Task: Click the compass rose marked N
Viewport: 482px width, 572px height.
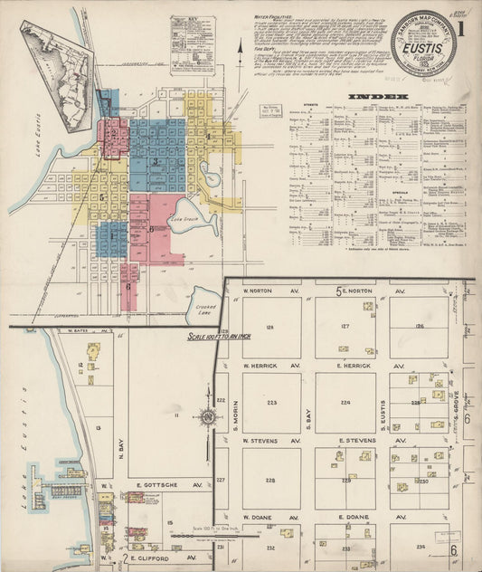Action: pyautogui.click(x=207, y=417)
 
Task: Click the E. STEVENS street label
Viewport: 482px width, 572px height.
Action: pyautogui.click(x=352, y=441)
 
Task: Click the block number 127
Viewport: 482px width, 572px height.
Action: pyautogui.click(x=345, y=328)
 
